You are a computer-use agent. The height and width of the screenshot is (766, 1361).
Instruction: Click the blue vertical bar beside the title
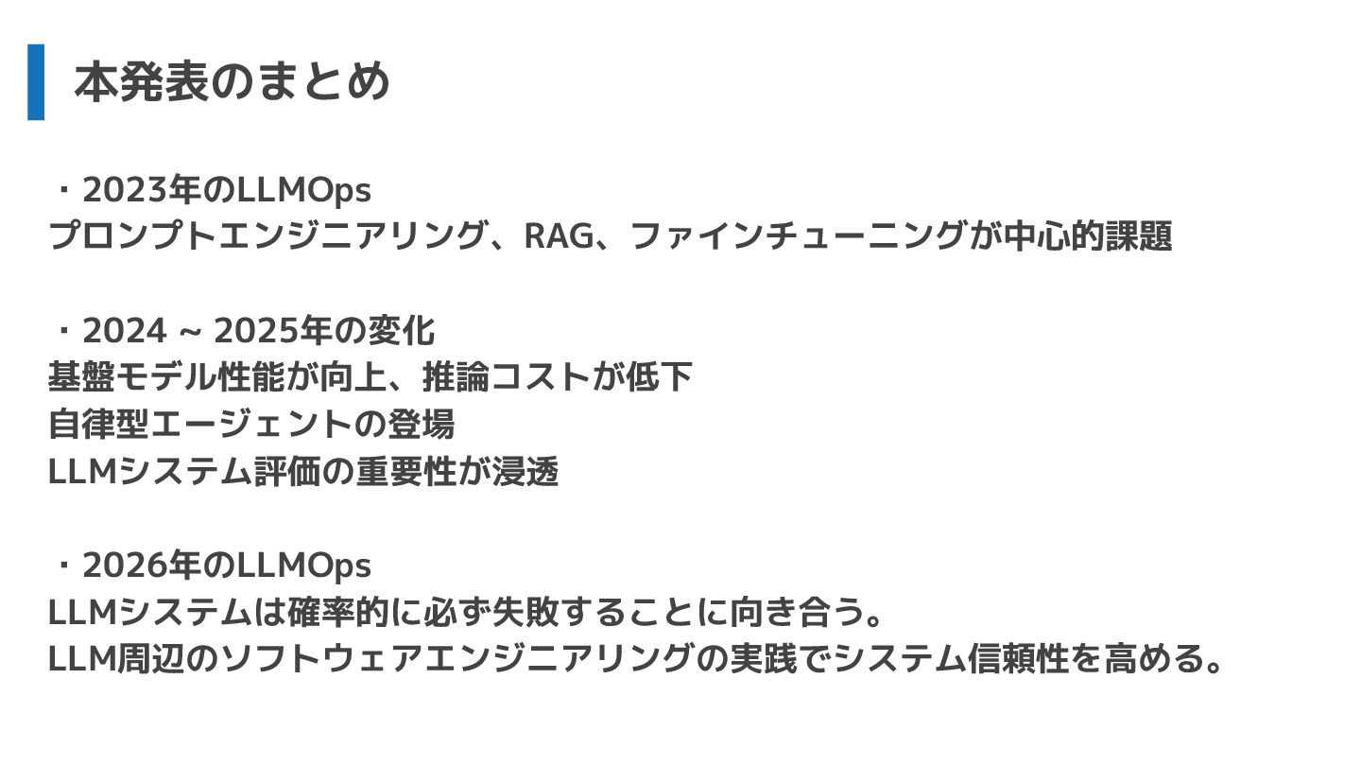36,82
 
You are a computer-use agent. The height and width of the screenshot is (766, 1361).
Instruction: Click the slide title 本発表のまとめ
232,82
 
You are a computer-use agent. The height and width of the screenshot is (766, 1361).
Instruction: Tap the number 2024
124,331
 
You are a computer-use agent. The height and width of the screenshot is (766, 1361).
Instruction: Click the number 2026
122,566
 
